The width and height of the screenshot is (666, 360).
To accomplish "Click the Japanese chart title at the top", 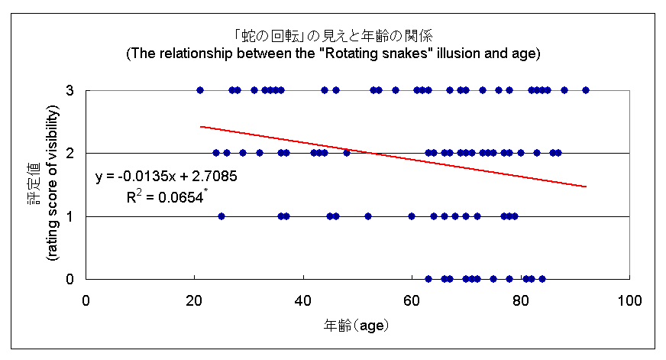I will point(333,36).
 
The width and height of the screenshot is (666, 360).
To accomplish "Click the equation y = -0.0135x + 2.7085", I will point(166,177).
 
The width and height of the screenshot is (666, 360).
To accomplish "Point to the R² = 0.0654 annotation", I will point(167,196).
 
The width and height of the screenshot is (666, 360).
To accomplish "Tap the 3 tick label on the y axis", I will point(70,90).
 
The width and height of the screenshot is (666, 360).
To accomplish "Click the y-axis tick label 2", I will point(70,153).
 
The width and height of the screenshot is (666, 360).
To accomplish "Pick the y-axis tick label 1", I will point(70,216).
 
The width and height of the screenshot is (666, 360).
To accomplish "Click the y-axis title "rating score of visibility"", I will point(53,184).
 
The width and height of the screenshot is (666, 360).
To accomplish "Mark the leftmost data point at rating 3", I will point(200,90).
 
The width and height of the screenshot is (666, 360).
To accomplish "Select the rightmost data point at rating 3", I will point(586,90).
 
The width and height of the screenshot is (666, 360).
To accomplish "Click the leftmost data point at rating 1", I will point(221,216).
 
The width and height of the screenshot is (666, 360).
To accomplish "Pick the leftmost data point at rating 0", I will point(428,279).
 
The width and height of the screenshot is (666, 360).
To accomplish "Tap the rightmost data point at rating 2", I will point(558,153).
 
